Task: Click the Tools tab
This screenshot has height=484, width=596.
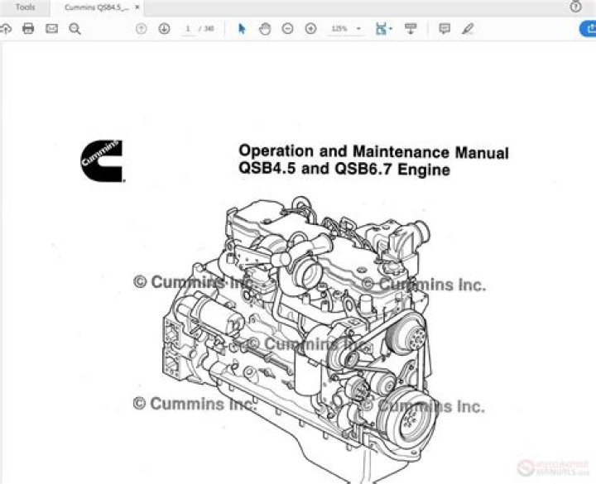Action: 25,7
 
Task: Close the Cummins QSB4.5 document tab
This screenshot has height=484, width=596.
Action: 137,7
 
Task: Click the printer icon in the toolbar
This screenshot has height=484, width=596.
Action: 28,28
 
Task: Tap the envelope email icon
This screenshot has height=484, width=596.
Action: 51,28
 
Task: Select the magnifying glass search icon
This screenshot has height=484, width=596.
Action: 74,28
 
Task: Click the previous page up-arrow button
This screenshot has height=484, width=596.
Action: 141,28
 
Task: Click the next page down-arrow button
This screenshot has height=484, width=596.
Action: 164,28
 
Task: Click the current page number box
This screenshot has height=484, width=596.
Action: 189,28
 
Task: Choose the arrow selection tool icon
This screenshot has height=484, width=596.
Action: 242,28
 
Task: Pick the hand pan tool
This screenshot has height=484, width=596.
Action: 265,28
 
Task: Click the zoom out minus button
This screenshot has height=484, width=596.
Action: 288,28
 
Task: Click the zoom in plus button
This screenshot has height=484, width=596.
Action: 311,28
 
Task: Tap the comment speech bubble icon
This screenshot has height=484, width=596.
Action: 445,28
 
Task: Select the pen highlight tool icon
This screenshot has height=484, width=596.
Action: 468,28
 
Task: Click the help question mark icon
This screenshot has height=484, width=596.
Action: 576,7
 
